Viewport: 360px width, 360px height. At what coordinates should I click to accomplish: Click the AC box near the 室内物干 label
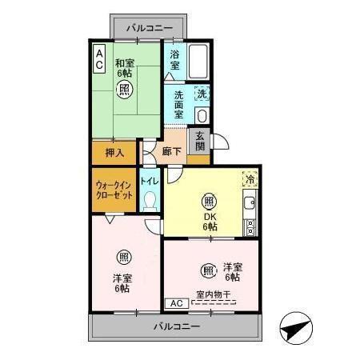click(177, 303)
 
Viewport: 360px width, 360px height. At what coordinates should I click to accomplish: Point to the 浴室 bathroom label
click(175, 60)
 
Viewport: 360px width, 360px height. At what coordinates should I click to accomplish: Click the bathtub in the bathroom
click(199, 61)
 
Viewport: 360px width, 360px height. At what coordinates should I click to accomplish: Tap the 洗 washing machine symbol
click(202, 94)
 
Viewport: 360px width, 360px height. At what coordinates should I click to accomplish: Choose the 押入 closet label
click(114, 151)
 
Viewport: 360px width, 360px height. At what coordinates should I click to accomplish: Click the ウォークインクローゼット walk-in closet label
click(114, 190)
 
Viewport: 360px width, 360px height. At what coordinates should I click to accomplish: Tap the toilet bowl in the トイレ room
click(150, 203)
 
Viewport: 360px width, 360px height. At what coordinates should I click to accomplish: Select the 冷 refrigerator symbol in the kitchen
click(250, 179)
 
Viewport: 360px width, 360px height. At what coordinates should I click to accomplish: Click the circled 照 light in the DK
click(209, 201)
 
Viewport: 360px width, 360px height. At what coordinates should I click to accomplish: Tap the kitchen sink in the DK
click(250, 202)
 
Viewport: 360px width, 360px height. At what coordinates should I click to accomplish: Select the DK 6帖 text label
click(209, 222)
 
